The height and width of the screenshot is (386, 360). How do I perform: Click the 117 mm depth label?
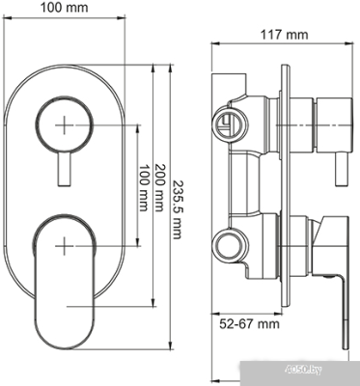(286, 35)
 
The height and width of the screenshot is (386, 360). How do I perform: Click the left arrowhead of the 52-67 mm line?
(216, 342)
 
